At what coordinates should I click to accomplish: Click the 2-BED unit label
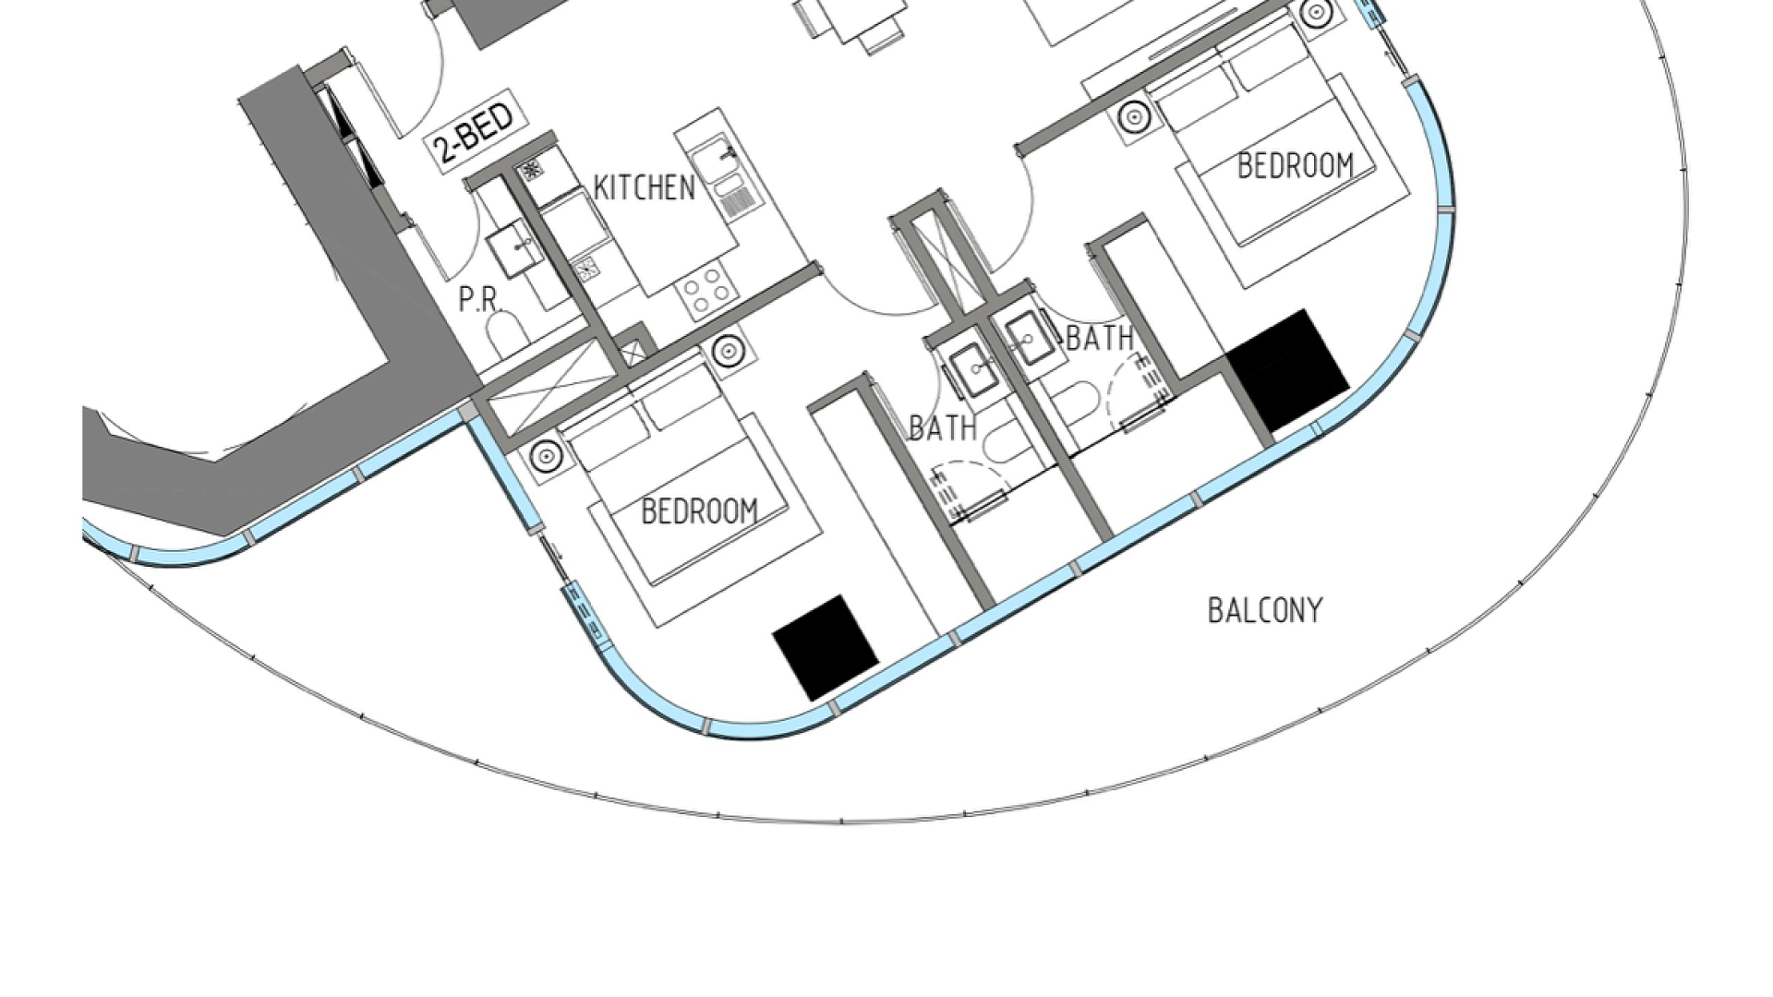click(x=472, y=131)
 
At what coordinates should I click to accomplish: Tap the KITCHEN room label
click(x=644, y=187)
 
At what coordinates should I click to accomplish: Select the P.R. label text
click(x=478, y=299)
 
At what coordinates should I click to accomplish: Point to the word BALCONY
click(x=1265, y=610)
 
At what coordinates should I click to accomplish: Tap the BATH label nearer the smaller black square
click(x=943, y=427)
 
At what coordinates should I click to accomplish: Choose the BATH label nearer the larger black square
click(x=1100, y=338)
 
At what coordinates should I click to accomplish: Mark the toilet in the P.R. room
click(x=505, y=335)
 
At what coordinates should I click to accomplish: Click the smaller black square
click(x=826, y=647)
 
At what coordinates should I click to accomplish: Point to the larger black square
click(x=1287, y=369)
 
